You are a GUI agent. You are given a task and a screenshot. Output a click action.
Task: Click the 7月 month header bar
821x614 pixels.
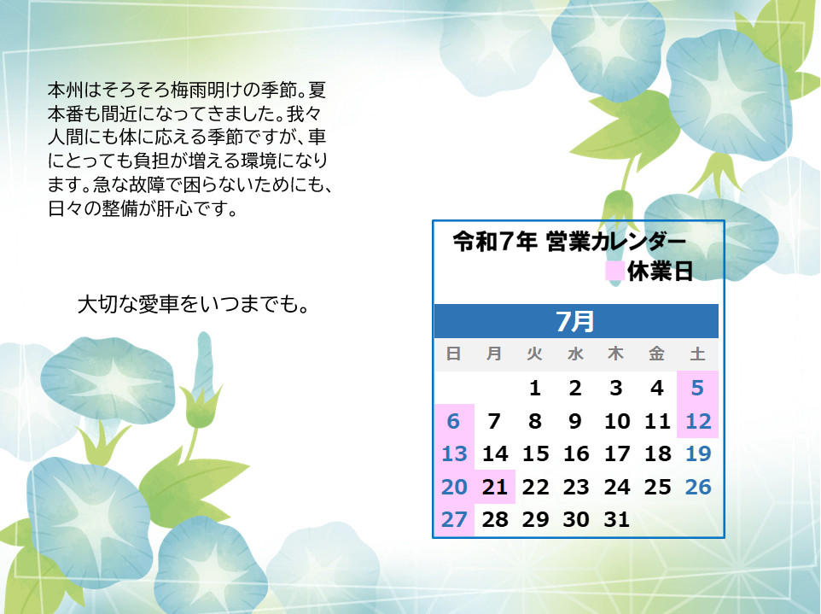576,320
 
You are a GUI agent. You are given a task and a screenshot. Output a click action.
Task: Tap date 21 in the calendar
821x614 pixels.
495,488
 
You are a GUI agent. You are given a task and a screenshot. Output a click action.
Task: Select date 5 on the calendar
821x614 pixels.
697,389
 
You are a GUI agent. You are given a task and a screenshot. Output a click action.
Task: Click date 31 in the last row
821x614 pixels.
617,520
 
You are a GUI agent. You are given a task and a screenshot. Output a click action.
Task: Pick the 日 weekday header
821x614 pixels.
453,354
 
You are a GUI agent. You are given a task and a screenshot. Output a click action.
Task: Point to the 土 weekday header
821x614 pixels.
697,354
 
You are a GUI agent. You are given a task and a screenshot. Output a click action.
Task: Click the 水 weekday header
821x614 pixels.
575,354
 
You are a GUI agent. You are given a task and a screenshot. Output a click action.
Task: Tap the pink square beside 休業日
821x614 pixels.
614,271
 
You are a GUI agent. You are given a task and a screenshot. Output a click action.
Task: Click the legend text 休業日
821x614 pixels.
661,272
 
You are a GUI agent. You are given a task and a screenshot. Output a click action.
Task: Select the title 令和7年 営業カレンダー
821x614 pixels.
569,242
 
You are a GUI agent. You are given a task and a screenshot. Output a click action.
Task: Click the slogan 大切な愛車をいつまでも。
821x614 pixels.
194,304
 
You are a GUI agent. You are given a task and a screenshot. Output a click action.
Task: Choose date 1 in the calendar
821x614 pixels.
534,389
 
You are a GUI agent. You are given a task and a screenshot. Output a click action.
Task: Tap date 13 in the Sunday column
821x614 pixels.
454,453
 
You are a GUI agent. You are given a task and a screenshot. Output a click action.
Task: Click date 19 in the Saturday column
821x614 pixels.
698,453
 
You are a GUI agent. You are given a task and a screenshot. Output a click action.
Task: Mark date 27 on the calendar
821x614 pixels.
454,520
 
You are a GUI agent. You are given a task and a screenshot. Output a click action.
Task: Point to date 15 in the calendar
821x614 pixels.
536,453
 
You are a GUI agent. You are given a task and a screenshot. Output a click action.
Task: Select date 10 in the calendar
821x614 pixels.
617,421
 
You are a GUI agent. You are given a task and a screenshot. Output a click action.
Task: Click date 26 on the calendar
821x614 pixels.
698,488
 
